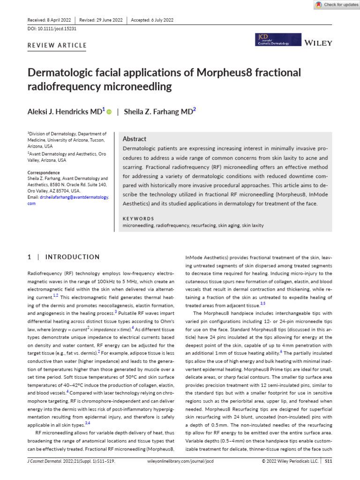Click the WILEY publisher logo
point(318,43)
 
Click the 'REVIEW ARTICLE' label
point(58,45)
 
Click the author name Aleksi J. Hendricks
point(65,112)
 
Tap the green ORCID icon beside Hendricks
point(109,112)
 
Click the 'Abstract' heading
point(134,139)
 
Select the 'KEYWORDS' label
point(138,218)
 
